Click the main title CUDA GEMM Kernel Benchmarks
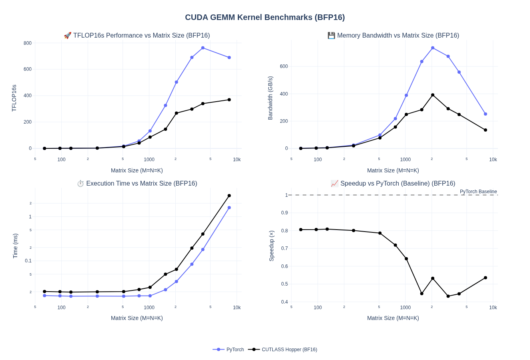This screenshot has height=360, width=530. [265, 17]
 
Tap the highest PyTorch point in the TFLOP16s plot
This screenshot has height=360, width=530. [203, 48]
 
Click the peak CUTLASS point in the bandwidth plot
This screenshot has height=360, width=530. [433, 95]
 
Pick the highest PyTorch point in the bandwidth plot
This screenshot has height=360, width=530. [433, 48]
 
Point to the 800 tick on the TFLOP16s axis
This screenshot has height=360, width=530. [28, 43]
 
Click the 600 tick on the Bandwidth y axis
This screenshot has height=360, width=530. [284, 66]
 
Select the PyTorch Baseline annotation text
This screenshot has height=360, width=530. [478, 192]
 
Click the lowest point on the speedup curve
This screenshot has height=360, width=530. [448, 296]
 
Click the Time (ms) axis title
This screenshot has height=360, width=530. [15, 246]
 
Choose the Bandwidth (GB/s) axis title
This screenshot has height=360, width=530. [270, 98]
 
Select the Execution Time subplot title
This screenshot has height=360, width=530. [137, 184]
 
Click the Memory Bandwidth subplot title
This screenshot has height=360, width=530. [393, 36]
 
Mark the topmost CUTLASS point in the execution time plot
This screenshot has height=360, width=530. [229, 196]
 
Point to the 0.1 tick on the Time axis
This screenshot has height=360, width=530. [28, 261]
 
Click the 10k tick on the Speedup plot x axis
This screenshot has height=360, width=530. [493, 308]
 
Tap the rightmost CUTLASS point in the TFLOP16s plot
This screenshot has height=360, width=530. [229, 100]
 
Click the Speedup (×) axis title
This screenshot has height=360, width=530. [271, 246]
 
